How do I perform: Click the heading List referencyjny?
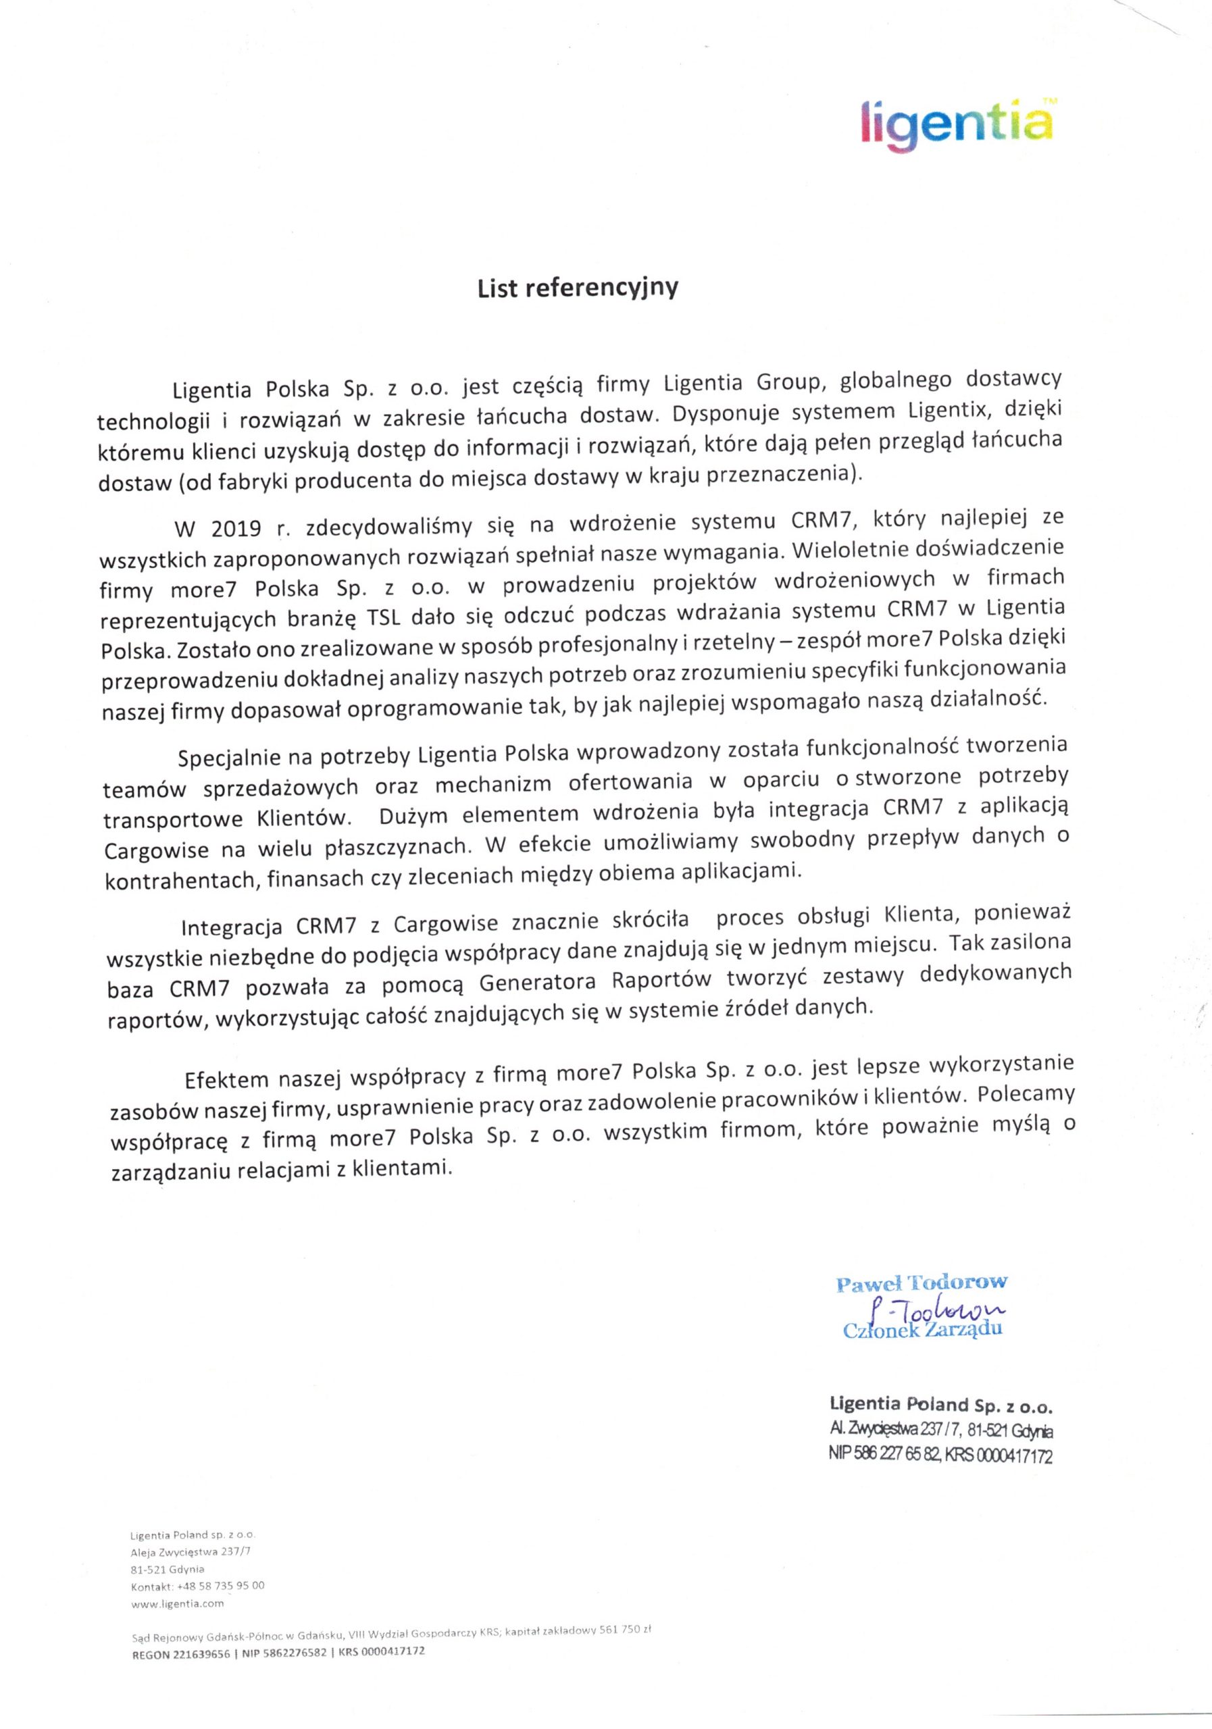click(x=578, y=288)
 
